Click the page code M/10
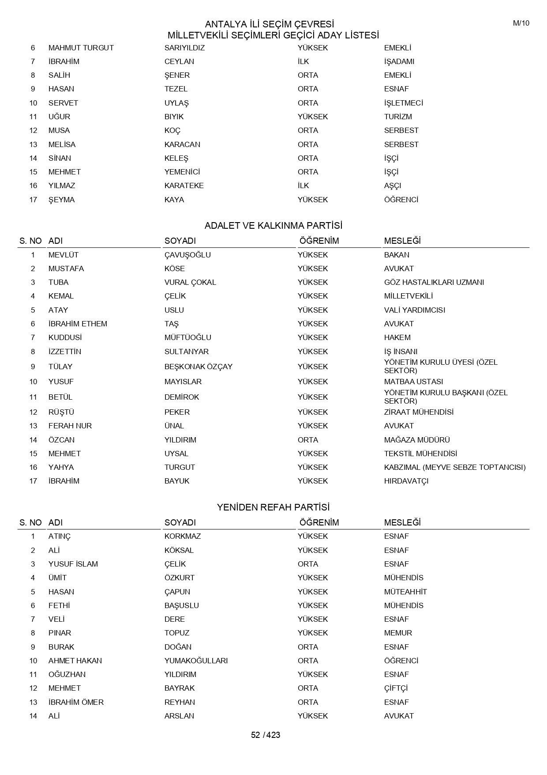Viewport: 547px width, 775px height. coord(521,23)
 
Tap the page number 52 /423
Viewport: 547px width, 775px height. coord(266,735)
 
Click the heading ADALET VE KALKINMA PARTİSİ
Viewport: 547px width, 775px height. coord(273,226)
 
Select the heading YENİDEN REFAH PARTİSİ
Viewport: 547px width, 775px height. coord(273,507)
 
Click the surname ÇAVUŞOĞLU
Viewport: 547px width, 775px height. coord(187,255)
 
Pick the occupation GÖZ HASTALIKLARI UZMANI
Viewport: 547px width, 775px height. coord(434,282)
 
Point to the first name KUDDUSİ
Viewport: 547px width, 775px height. coord(65,337)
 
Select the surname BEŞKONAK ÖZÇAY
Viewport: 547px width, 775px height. coord(198,367)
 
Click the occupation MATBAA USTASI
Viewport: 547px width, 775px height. coord(413,382)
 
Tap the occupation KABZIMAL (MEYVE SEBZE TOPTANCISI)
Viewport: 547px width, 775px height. coord(455,467)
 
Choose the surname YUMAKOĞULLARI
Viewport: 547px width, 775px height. coord(196,661)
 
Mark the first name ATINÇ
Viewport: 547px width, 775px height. coord(60,536)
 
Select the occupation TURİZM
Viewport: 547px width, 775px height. coord(398,117)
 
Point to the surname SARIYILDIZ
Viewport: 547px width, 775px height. coord(184,48)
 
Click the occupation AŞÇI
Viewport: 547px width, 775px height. coord(393,185)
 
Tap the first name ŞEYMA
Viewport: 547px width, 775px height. coord(61,200)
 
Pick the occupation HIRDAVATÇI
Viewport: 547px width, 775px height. coord(406,481)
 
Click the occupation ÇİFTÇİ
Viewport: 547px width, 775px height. coord(396,688)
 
